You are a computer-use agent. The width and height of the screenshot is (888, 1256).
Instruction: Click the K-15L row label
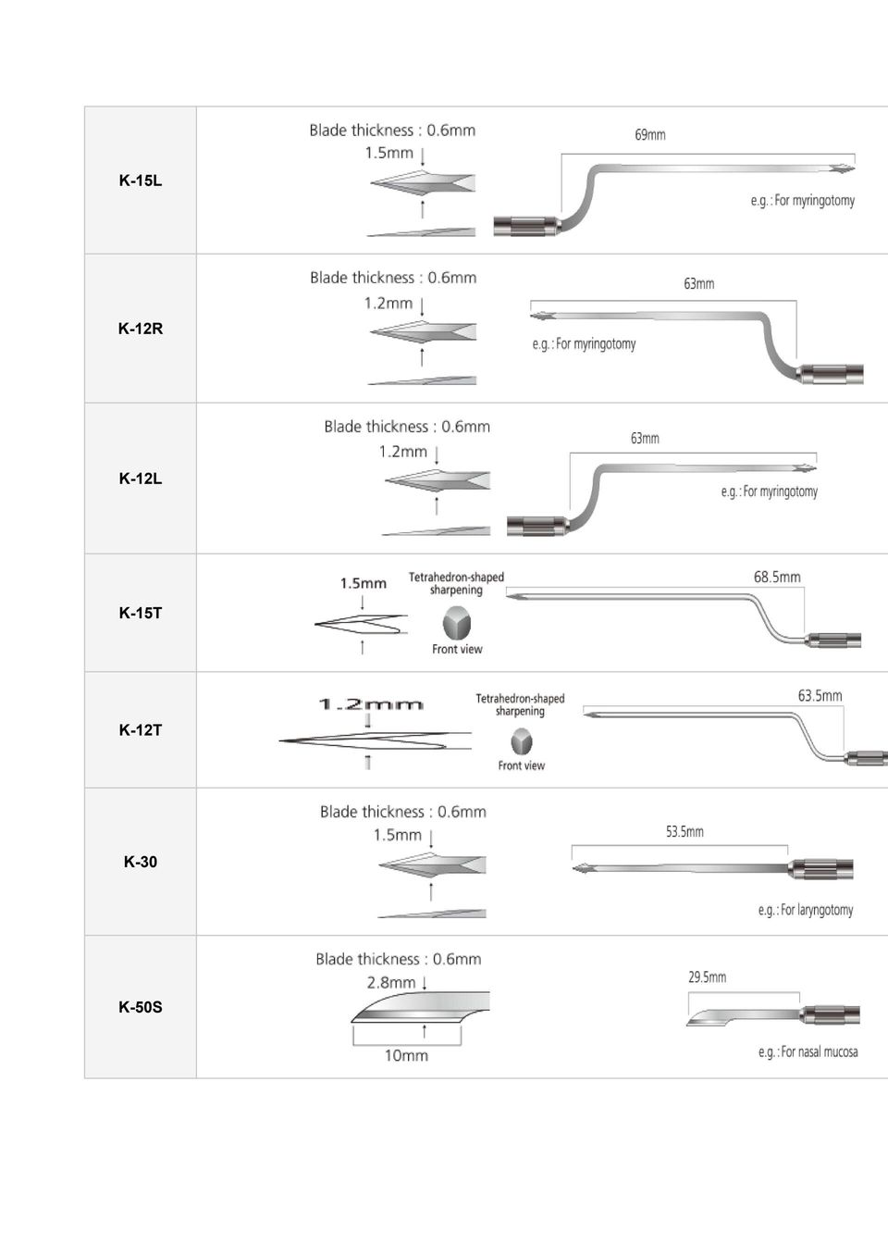pos(140,180)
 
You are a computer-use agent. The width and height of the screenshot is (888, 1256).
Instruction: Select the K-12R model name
pos(140,329)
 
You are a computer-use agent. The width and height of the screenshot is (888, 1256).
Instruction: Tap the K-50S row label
pos(140,1007)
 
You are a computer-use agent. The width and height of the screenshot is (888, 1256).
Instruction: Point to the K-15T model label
pos(140,613)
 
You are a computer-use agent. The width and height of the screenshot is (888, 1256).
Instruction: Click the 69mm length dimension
pos(650,134)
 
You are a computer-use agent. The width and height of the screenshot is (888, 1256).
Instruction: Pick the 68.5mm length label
pos(777,577)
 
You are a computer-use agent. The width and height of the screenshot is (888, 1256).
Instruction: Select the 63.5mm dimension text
pos(820,696)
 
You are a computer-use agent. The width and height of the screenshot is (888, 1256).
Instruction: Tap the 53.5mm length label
pos(684,831)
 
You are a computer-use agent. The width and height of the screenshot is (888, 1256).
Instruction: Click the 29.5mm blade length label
pos(707,977)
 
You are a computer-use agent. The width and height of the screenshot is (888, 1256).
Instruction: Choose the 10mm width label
pos(406,1056)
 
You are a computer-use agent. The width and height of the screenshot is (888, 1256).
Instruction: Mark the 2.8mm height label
pos(391,982)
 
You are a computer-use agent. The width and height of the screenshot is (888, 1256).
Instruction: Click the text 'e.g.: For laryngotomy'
pos(806,910)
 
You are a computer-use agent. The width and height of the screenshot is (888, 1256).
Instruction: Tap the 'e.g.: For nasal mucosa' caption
pos(808,1051)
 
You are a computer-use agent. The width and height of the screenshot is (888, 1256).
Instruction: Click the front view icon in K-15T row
pos(457,623)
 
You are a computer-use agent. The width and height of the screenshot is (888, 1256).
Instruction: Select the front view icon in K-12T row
pos(522,741)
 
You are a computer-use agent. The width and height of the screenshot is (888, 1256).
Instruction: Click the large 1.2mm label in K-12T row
pos(370,704)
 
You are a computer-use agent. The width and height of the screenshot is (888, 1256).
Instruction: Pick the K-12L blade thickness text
pos(407,427)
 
